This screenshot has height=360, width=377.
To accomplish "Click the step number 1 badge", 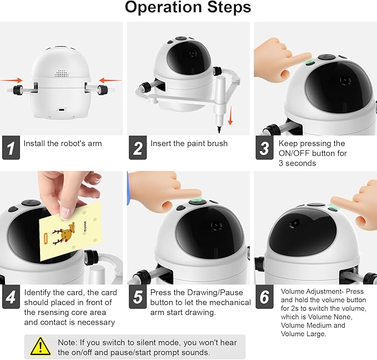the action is tap(11, 148).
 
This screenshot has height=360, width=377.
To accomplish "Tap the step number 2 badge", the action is tap(138, 148).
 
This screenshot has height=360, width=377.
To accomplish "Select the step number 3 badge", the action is tap(264, 148).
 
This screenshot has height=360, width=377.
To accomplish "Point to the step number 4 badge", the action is tap(11, 297).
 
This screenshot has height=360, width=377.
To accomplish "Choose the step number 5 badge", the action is tap(138, 297).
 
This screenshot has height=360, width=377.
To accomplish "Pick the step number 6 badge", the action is tap(264, 297).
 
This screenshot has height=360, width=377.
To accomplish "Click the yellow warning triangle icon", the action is tap(41, 347).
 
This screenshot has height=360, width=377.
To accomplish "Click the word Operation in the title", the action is tap(163, 7).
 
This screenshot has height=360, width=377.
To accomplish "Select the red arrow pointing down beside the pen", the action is tap(230, 115).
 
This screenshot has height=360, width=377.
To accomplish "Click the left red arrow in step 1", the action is tap(11, 80).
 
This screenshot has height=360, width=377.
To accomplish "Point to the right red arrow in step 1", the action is tap(110, 80).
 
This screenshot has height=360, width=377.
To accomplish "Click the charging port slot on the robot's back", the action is tap(62, 110).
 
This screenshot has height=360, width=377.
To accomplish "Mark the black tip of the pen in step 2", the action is tap(219, 130).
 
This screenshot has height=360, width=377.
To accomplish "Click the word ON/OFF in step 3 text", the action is tap(293, 153).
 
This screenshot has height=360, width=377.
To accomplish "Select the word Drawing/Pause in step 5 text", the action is tap(215, 292).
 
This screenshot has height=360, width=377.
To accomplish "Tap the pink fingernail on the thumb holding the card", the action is tap(65, 213).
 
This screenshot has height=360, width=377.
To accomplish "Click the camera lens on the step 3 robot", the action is tap(345, 80).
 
